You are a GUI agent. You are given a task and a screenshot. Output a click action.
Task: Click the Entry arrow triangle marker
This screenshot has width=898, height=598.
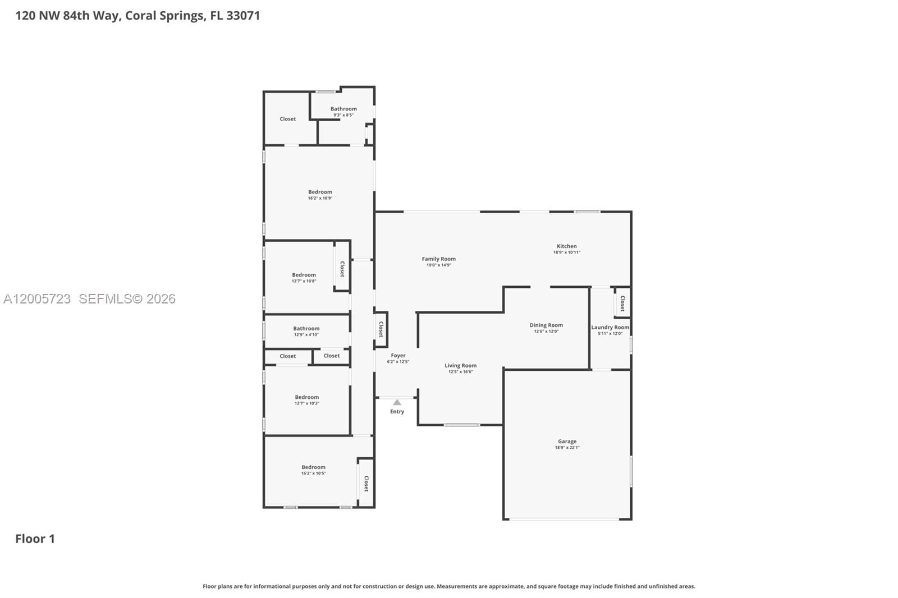click(x=397, y=402)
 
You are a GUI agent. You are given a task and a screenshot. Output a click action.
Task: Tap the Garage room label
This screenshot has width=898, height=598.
click(x=567, y=441)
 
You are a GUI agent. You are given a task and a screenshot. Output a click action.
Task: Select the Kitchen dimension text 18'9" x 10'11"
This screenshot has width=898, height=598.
click(x=566, y=252)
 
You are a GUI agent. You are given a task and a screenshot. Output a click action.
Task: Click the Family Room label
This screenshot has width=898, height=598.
click(x=438, y=259)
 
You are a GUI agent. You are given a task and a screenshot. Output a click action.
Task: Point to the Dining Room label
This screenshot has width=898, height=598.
click(x=546, y=325)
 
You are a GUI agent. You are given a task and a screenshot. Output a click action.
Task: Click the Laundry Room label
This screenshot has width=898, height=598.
click(x=610, y=327)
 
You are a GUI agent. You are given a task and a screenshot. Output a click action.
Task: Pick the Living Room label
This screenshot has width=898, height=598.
click(x=460, y=365)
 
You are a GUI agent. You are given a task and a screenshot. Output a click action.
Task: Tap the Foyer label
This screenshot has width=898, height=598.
click(x=398, y=355)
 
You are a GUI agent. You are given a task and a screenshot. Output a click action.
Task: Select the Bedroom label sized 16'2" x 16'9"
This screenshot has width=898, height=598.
click(x=320, y=192)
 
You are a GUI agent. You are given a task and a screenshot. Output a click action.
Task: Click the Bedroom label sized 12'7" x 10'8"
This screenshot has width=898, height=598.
click(x=304, y=275)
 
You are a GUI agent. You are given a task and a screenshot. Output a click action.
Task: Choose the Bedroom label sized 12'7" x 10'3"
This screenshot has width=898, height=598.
click(x=306, y=397)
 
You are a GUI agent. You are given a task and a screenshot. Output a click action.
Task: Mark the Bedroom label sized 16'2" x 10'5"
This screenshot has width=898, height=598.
click(x=313, y=467)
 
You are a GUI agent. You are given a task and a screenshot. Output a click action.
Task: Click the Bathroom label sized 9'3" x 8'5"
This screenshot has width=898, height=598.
click(x=343, y=109)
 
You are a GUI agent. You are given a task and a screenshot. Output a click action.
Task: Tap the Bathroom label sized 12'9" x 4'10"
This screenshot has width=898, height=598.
click(x=306, y=328)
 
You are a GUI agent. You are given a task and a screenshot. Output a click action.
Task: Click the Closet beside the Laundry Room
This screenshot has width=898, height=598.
click(x=622, y=303)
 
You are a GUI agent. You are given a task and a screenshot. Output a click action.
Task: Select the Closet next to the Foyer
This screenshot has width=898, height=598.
click(x=381, y=329)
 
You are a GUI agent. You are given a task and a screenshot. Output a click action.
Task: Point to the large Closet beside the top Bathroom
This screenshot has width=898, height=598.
click(x=287, y=119)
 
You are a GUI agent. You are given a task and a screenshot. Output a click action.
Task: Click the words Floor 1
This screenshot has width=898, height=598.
click(x=35, y=539)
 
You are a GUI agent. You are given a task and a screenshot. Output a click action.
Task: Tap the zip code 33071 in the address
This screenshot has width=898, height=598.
click(x=243, y=15)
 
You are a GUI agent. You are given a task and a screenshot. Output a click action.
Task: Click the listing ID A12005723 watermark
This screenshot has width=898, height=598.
click(x=37, y=299)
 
